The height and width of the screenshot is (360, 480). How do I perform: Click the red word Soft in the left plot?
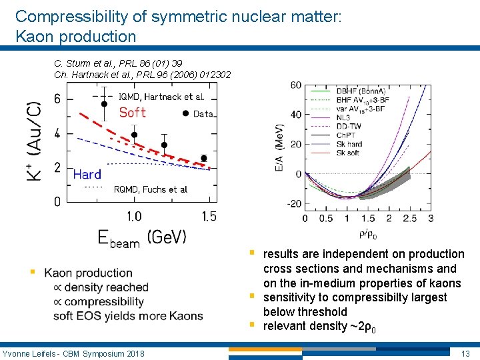(133, 112)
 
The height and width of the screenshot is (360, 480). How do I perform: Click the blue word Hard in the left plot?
(87, 175)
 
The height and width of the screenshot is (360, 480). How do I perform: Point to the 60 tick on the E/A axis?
(295, 85)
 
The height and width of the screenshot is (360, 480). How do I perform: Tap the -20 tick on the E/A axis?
(293, 204)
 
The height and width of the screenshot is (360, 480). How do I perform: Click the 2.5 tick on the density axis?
(409, 219)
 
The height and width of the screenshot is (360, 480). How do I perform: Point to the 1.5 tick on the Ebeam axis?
(209, 216)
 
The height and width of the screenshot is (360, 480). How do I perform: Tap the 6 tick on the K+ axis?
(76, 99)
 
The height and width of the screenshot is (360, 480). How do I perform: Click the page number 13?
(466, 352)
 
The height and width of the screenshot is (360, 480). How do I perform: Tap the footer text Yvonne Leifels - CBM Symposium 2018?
(73, 352)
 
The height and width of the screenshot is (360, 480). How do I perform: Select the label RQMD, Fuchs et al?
(151, 189)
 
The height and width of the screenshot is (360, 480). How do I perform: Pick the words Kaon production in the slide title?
(75, 37)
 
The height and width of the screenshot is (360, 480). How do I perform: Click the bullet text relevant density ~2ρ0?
(321, 326)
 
